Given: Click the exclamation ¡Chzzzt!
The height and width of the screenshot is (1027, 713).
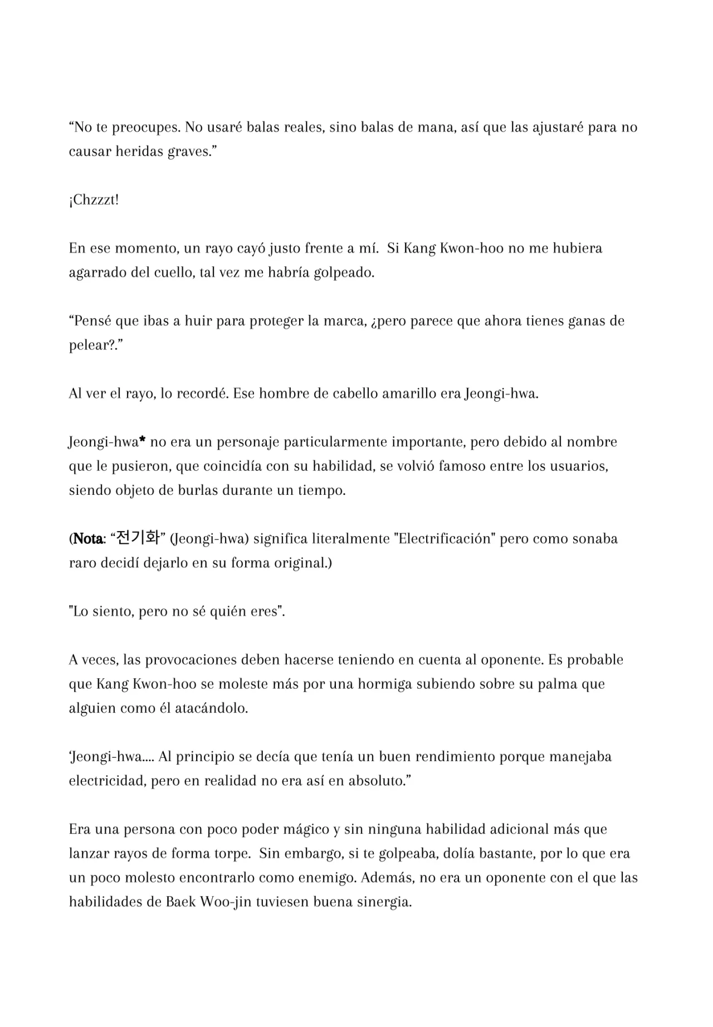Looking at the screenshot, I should click(94, 200).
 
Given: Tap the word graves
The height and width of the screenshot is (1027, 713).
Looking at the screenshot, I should click(191, 152).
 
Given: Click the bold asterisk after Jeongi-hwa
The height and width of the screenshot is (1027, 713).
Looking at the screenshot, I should click(142, 441).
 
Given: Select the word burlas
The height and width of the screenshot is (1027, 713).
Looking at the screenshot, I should click(198, 491).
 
